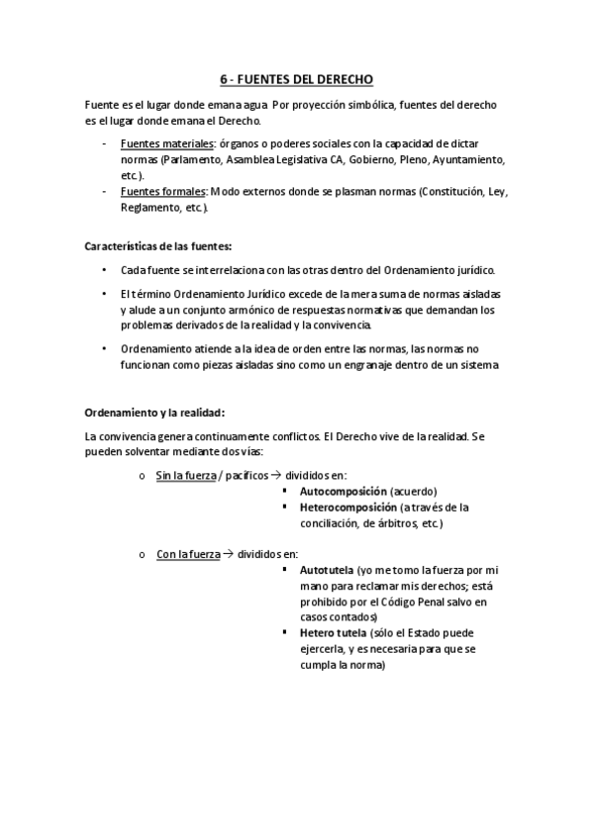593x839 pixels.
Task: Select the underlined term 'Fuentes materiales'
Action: pos(160,144)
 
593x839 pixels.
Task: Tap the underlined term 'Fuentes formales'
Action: pos(158,192)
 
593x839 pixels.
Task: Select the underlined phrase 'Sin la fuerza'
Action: pos(185,476)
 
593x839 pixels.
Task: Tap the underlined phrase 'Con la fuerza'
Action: pos(186,555)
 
